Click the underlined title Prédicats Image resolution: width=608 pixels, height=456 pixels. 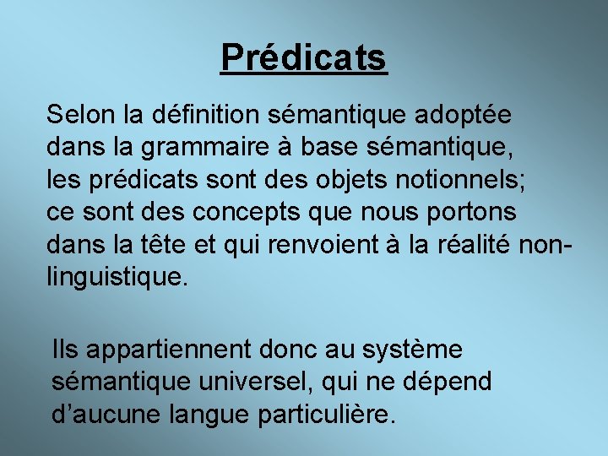[304, 57]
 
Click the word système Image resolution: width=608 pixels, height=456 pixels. [412, 348]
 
